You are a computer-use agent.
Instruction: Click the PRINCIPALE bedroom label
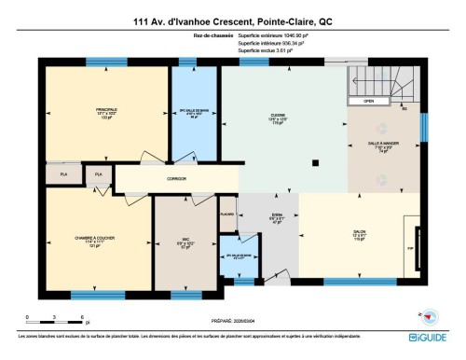click(105, 114)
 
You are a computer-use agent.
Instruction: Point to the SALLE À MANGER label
click(383, 146)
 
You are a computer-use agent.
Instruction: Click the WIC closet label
click(185, 241)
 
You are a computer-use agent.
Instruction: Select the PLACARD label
click(227, 214)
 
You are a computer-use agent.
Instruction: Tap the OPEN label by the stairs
click(369, 101)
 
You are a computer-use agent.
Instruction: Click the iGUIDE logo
click(430, 337)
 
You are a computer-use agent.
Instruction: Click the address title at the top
click(232, 21)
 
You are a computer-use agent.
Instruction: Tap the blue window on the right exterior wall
click(422, 126)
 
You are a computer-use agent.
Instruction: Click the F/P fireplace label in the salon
click(407, 249)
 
